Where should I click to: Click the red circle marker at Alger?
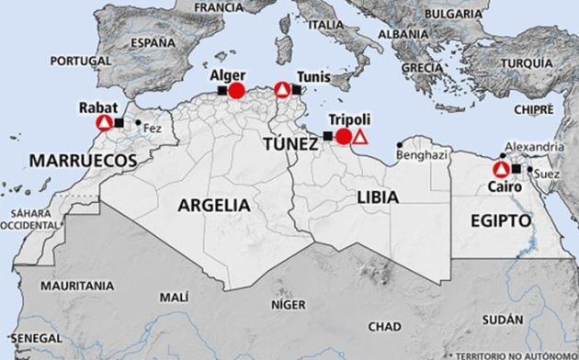(x=236, y=90)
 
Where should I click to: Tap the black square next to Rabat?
(x=119, y=121)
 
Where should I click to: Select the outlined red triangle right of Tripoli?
(x=361, y=138)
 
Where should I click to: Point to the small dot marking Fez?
(x=138, y=122)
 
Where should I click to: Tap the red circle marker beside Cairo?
(x=501, y=170)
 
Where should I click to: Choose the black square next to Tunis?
(x=298, y=90)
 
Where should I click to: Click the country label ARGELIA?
(x=213, y=204)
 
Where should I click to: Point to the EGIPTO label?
(x=501, y=221)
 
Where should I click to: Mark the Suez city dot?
(x=530, y=170)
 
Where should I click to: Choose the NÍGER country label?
(x=291, y=304)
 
